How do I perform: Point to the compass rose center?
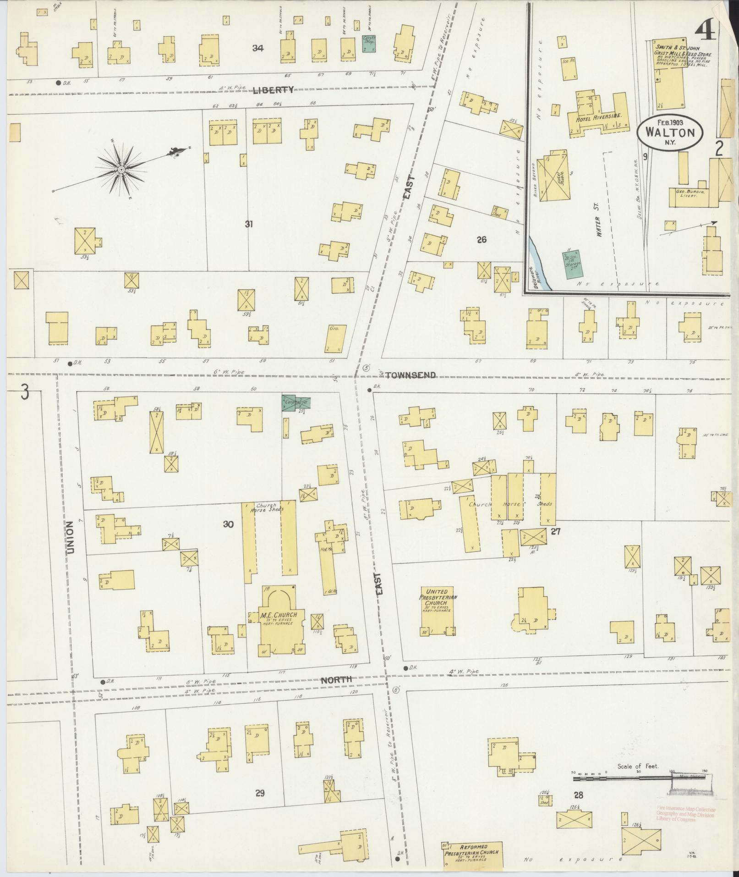pos(121,170)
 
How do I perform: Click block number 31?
pos(249,224)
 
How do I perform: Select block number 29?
pos(260,793)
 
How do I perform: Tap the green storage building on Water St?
pos(573,264)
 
